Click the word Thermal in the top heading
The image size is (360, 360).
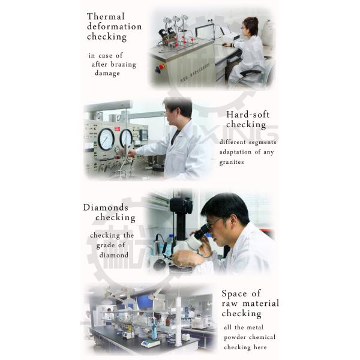coord(106,17)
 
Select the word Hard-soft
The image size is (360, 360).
coord(248,115)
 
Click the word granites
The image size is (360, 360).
coord(232,163)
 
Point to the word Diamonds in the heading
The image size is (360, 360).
coord(106,208)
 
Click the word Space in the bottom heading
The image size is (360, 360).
coord(235,293)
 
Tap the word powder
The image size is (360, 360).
coord(235,338)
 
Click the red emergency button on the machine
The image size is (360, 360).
coord(161,67)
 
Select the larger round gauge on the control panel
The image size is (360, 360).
coord(106,139)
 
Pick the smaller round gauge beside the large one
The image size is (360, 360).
coord(126,139)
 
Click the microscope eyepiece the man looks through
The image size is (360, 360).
coord(203,232)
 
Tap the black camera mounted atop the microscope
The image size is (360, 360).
coord(181,205)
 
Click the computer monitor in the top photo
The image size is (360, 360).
coord(205,32)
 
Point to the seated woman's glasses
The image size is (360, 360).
coord(244,28)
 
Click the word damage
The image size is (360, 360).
coord(107,73)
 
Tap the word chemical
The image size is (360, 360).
coord(262,337)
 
